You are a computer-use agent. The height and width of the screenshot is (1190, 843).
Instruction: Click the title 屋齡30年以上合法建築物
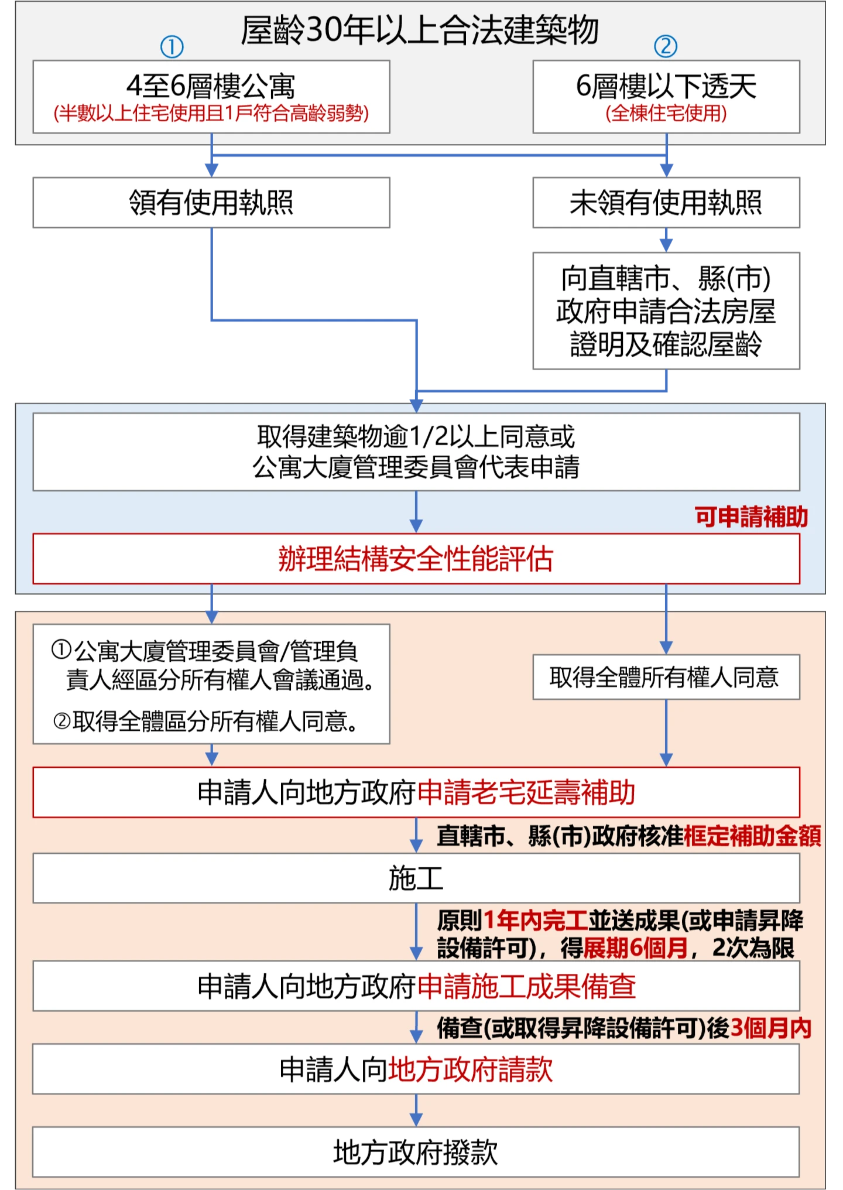click(420, 30)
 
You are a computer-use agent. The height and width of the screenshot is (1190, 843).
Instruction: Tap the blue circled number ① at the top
click(172, 47)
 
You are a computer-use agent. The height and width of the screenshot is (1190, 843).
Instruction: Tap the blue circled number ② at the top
click(666, 46)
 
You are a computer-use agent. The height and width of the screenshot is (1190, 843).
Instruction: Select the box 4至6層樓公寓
click(211, 97)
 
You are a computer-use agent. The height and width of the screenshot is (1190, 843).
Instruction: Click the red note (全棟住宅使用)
click(666, 113)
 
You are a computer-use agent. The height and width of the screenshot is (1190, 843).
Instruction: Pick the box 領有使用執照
click(211, 203)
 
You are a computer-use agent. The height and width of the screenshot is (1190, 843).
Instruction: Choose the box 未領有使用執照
click(666, 203)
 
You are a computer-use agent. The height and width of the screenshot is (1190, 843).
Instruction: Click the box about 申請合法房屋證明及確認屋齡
click(666, 311)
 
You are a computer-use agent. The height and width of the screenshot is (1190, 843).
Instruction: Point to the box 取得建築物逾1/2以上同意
click(416, 452)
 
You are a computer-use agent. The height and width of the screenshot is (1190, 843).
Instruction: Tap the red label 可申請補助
click(752, 517)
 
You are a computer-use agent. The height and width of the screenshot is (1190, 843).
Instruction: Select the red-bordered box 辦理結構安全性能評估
click(416, 559)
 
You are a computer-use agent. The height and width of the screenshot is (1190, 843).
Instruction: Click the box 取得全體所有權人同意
click(666, 677)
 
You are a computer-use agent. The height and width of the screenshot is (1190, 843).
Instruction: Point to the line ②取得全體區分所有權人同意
click(205, 721)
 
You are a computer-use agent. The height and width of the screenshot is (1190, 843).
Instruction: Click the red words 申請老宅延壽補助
click(527, 792)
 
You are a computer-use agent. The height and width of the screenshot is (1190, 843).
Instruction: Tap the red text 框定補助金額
click(753, 836)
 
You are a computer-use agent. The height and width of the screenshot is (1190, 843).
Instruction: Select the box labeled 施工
click(416, 878)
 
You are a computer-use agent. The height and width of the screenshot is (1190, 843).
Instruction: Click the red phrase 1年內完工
click(536, 921)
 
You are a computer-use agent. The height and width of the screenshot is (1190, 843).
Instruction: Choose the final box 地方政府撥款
click(416, 1152)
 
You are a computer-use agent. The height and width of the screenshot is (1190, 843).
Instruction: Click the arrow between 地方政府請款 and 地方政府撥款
click(416, 1110)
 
